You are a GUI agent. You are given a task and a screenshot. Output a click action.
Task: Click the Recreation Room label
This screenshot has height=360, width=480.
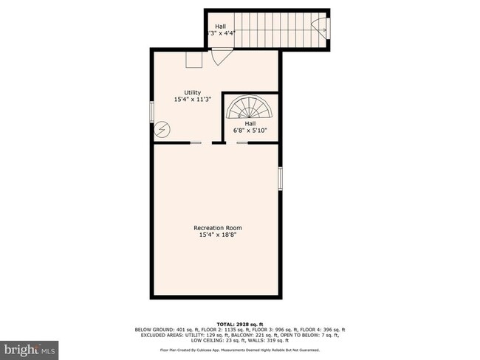(218, 228)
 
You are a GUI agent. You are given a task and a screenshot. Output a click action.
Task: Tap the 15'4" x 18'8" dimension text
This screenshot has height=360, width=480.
(218, 236)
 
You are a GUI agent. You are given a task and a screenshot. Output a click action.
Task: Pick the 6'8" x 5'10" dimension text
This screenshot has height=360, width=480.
(250, 131)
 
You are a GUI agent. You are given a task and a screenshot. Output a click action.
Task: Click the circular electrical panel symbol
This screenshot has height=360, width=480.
(164, 128)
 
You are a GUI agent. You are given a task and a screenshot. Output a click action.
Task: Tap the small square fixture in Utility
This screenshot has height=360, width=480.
(194, 60)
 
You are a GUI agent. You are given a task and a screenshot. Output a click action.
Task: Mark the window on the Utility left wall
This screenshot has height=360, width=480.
(152, 111)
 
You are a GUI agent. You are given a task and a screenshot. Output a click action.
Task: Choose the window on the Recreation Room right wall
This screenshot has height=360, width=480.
(281, 179)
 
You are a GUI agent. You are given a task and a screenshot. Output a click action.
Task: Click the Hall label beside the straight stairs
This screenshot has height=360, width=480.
(221, 25)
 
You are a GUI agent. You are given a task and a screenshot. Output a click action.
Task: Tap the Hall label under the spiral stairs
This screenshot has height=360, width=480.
(250, 123)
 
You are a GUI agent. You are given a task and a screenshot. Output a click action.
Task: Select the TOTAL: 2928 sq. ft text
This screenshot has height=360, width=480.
(239, 322)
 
